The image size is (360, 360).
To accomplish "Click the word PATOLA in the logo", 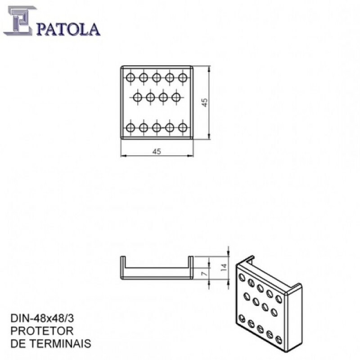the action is (68, 29).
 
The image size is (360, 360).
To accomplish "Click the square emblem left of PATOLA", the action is (20, 21).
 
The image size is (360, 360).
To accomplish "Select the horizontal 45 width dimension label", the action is (157, 152).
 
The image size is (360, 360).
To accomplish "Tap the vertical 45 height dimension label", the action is (205, 103).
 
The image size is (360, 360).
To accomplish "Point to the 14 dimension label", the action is (224, 267).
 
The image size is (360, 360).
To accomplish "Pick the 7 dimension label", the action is (204, 273).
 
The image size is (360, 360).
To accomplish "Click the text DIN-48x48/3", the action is (42, 319).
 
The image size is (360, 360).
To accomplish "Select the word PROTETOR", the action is (42, 331).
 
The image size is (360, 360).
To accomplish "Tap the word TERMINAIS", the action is (61, 344).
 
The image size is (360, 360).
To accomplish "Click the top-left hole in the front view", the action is (130, 77).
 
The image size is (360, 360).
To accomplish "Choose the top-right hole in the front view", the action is (183, 77).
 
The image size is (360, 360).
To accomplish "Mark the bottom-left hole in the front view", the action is (130, 128).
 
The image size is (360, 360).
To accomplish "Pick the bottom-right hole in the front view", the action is (183, 128).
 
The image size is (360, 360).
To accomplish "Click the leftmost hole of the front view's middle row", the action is (137, 98).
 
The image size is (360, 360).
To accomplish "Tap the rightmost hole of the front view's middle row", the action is (176, 98).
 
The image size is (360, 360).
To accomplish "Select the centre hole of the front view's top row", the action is (157, 77).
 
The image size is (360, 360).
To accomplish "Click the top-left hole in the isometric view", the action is (242, 277).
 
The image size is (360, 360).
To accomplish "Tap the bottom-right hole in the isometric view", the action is (279, 340).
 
